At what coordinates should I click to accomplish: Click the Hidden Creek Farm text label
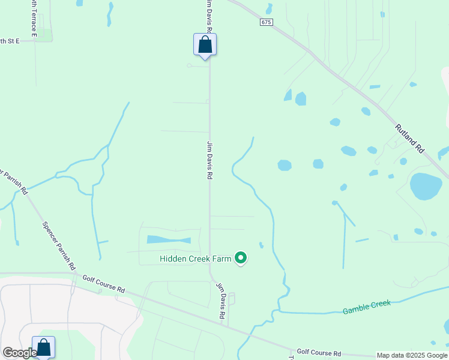tap(195, 259)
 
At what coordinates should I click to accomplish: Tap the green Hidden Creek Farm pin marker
tap(241, 258)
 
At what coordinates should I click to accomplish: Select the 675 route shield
tap(267, 22)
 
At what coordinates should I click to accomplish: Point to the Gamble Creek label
tap(366, 307)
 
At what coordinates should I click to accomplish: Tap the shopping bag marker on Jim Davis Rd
tap(205, 45)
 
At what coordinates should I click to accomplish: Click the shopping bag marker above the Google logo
tap(43, 347)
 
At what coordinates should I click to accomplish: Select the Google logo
tap(19, 353)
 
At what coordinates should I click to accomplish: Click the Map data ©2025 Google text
tap(412, 355)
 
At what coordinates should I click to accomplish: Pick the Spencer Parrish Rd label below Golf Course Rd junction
tap(59, 245)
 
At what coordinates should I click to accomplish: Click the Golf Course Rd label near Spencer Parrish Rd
tap(103, 284)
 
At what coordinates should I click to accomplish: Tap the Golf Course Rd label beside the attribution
tap(319, 353)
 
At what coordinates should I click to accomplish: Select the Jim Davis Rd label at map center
tap(210, 160)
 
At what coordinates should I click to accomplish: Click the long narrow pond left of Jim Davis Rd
tap(169, 239)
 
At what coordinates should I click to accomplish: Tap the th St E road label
tap(10, 41)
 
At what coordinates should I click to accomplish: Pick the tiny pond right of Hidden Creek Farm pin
tap(261, 245)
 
